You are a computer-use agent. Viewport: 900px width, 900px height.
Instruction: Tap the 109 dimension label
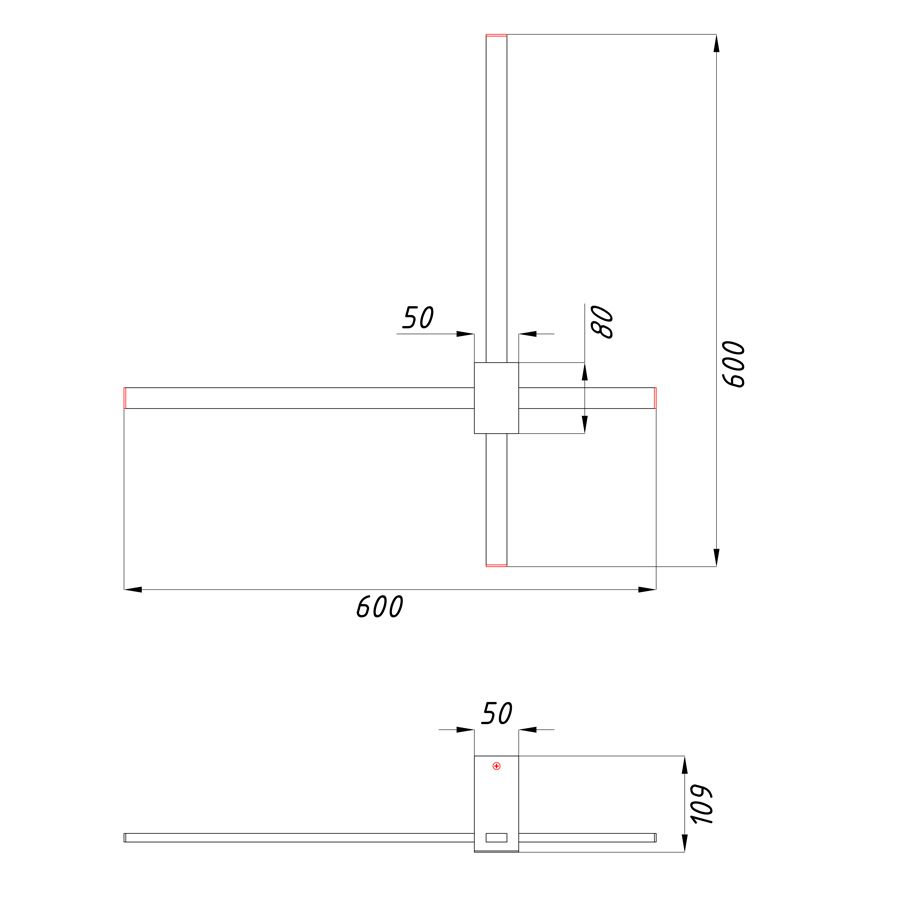click(701, 805)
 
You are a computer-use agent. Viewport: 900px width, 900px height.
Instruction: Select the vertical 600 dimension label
click(733, 364)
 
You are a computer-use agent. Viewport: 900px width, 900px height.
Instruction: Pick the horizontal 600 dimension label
click(379, 607)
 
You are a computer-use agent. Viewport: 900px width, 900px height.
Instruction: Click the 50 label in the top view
click(418, 317)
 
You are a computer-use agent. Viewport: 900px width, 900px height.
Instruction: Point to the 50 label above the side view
click(496, 713)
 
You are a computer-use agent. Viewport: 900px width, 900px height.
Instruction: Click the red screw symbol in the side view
click(496, 766)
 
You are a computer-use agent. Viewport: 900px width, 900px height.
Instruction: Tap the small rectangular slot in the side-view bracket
click(496, 837)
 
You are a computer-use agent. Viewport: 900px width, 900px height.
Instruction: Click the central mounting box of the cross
click(496, 398)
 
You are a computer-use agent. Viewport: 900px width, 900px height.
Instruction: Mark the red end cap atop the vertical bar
click(496, 36)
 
